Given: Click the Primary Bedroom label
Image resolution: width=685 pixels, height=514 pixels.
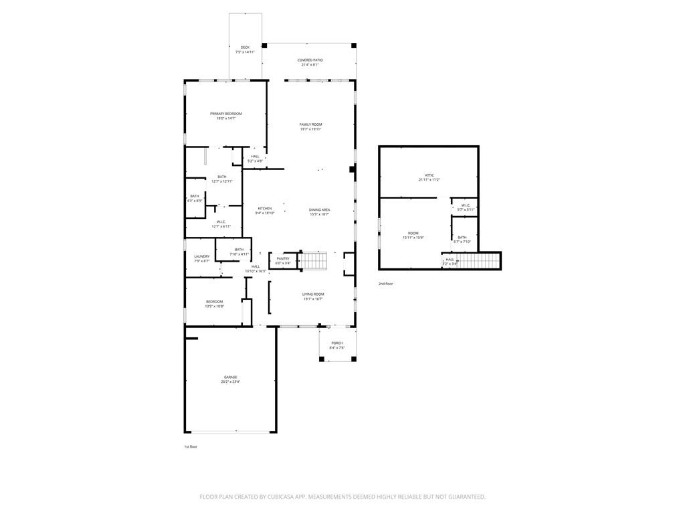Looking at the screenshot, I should coord(225,114).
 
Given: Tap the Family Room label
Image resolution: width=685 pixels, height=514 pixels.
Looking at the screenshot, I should coord(310,124).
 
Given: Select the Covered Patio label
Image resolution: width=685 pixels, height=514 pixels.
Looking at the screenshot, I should coord(310,60).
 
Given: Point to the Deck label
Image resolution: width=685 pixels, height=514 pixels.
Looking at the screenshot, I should coord(245,48).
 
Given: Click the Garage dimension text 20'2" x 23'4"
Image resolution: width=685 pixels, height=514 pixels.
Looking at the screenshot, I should coord(230,381).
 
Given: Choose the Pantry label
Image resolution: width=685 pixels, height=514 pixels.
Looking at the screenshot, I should coord(283,258).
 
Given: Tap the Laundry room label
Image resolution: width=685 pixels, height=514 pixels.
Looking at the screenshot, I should coord(201,256).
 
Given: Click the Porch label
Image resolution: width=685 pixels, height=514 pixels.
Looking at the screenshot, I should coord(336,343).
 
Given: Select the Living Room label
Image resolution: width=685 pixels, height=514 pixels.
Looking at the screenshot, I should coord(312,294).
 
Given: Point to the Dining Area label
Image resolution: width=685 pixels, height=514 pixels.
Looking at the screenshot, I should coord(319,209).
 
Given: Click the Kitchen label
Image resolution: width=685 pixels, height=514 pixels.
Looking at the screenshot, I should coord(265,208).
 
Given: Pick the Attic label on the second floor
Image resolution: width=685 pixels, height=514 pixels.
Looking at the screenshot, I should coord(429,175).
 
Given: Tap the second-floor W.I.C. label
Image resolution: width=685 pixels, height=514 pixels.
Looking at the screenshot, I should coord(465,205).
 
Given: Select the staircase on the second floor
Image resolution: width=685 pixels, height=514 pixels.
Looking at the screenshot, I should coord(479,260).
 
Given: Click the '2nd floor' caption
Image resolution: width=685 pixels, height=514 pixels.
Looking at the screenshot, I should coord(385,284).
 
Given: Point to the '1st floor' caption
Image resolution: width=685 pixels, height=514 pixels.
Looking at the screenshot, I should coord(191,446).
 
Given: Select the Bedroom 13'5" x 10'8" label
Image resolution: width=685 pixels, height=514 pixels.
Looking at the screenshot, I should coord(214,302).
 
